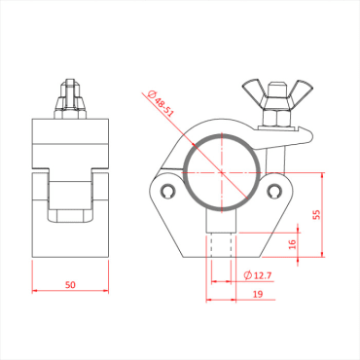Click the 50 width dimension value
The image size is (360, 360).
[71, 284]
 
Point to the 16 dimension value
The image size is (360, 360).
[293, 243]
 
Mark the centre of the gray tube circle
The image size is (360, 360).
[222, 170]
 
